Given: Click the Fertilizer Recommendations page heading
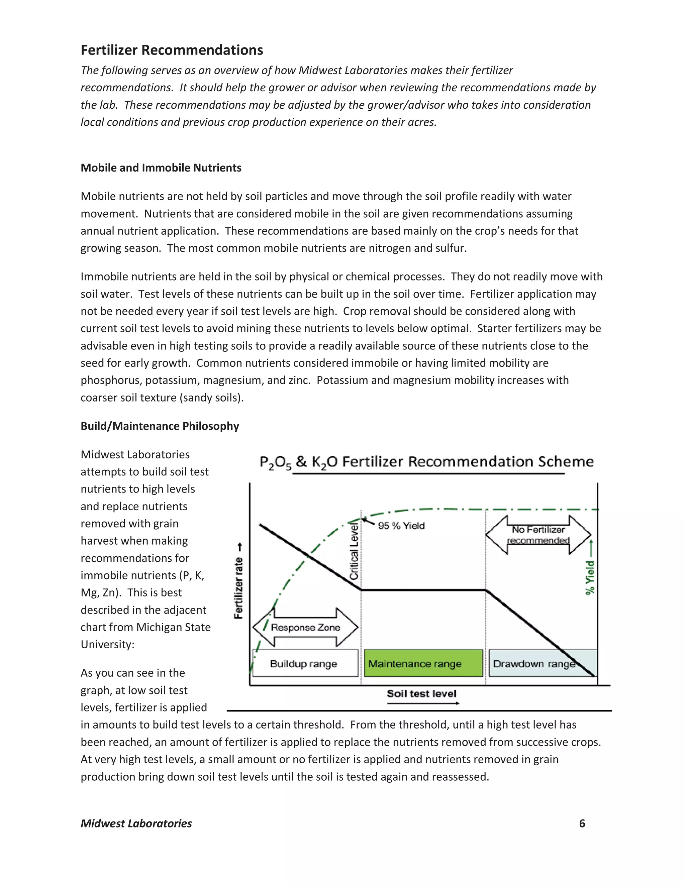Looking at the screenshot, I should point(172,50).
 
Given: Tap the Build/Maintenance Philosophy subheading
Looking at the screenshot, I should point(160,426).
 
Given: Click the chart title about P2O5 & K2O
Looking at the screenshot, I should point(426,462).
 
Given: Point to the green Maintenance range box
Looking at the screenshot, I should point(423,664).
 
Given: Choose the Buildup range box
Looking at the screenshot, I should point(305,664).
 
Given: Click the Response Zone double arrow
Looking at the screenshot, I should point(305,627).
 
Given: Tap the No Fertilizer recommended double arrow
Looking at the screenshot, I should point(538,535).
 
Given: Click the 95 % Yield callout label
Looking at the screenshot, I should point(401,526).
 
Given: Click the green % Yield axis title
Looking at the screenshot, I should point(590,577).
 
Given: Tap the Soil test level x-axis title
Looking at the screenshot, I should point(421,694).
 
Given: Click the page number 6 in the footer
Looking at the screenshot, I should point(582,823).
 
